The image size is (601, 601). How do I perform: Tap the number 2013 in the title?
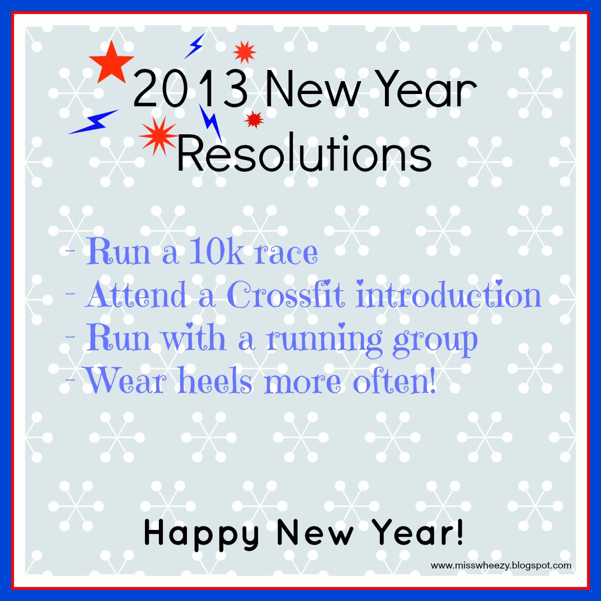[190, 89]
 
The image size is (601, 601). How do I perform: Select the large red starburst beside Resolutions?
[158, 136]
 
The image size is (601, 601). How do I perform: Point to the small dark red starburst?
[253, 119]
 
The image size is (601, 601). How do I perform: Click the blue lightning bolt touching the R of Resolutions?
[210, 123]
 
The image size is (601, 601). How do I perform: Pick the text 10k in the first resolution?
[217, 251]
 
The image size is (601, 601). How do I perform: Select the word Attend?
[136, 294]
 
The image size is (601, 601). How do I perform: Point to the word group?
[435, 341]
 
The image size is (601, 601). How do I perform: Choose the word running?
[324, 340]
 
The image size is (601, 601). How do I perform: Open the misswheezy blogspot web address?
[501, 565]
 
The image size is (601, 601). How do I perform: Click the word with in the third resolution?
[193, 337]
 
